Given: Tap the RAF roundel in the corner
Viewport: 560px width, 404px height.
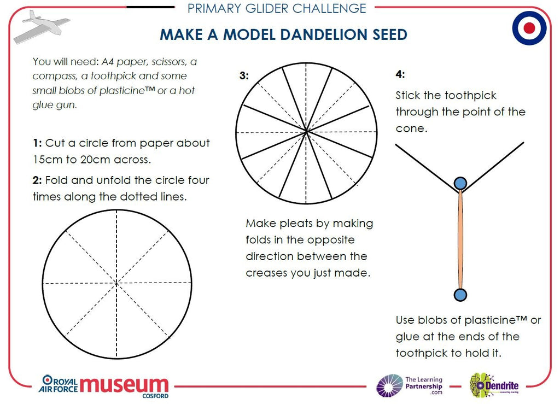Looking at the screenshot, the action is (x=529, y=28).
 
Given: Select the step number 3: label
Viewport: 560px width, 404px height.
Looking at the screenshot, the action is (x=244, y=75).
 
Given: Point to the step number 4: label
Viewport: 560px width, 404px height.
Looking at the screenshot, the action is (x=400, y=74).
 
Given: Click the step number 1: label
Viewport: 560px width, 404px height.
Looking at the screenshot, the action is (x=37, y=143).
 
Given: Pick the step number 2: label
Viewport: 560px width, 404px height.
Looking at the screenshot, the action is (x=37, y=180).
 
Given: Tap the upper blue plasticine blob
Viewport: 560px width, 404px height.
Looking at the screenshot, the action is (x=460, y=183).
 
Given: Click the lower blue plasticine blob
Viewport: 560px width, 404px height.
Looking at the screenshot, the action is (x=460, y=295).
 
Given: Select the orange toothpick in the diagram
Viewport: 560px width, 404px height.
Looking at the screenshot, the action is (x=460, y=239).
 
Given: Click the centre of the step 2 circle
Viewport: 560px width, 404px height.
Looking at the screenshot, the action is (x=117, y=283).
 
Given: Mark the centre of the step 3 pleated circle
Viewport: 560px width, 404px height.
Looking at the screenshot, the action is (x=306, y=133).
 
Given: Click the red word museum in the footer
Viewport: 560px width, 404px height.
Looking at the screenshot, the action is (x=124, y=385).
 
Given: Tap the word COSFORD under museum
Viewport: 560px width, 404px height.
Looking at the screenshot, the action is (x=155, y=396).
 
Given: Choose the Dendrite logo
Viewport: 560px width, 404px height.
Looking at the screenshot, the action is (x=494, y=385).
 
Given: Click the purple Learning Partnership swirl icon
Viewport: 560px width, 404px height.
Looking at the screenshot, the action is (x=389, y=386).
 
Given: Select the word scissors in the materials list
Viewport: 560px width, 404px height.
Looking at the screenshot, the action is (x=168, y=62).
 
